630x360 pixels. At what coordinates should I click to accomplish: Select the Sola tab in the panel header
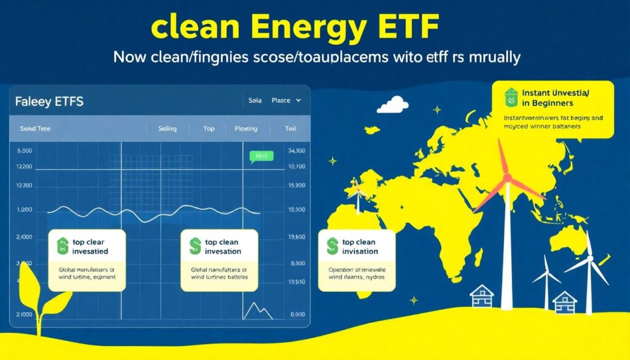[x=255, y=100]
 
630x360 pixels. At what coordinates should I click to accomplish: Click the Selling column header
[x=167, y=129]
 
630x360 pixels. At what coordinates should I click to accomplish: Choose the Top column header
[x=209, y=129]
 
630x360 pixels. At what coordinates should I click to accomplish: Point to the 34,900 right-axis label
[x=297, y=150]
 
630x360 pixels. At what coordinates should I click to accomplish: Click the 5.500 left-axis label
[x=24, y=150]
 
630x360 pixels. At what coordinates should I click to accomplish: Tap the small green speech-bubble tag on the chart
[x=260, y=157]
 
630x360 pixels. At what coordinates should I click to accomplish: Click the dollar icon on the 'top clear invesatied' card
[x=62, y=247]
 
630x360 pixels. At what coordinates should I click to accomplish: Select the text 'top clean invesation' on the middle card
[x=223, y=247]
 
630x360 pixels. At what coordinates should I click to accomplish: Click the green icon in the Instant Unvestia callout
[x=510, y=97]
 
